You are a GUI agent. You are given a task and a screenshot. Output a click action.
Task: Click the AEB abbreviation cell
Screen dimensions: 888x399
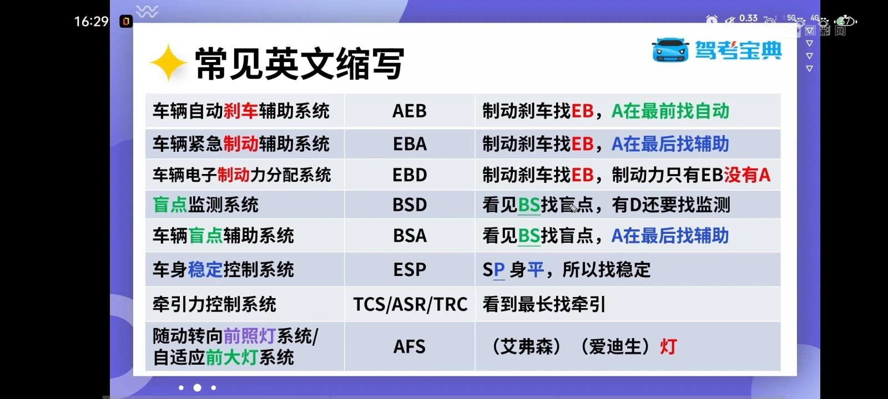click(x=410, y=111)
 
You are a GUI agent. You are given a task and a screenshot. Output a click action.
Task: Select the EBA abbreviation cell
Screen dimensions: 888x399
click(x=410, y=144)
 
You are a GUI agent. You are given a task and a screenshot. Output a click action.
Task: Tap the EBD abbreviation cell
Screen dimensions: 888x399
click(x=410, y=175)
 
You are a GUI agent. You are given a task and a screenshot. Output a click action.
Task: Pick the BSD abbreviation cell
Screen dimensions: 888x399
click(x=410, y=205)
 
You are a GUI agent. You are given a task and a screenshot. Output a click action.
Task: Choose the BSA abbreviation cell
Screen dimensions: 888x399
click(x=410, y=236)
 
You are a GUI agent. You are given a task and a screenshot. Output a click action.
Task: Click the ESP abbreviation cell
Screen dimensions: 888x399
click(x=410, y=270)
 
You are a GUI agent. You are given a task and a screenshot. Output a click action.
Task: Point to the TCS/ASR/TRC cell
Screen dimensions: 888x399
click(x=410, y=304)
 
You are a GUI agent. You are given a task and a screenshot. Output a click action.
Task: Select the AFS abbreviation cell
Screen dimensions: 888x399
click(x=410, y=347)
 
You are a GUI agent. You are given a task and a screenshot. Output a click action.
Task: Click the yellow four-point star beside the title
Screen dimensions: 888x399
click(x=168, y=63)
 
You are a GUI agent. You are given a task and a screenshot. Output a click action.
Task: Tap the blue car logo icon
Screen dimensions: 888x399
click(x=670, y=50)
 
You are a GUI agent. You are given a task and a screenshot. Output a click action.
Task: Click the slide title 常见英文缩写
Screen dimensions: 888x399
click(x=300, y=64)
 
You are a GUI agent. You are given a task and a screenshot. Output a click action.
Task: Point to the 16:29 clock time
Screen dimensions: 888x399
click(x=91, y=22)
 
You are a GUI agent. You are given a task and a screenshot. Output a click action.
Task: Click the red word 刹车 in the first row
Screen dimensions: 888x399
click(x=241, y=111)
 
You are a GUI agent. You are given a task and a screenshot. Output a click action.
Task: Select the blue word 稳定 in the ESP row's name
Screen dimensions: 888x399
click(x=205, y=270)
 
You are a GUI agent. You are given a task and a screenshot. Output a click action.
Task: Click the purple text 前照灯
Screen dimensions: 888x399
click(x=249, y=336)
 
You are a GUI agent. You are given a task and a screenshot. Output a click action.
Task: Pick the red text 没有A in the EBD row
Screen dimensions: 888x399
click(x=747, y=175)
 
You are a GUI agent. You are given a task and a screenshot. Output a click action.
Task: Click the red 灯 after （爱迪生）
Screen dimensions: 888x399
click(x=668, y=347)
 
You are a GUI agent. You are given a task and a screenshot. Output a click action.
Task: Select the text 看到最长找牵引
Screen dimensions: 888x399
click(x=544, y=304)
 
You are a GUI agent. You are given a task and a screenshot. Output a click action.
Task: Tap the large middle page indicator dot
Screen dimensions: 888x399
click(x=197, y=388)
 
